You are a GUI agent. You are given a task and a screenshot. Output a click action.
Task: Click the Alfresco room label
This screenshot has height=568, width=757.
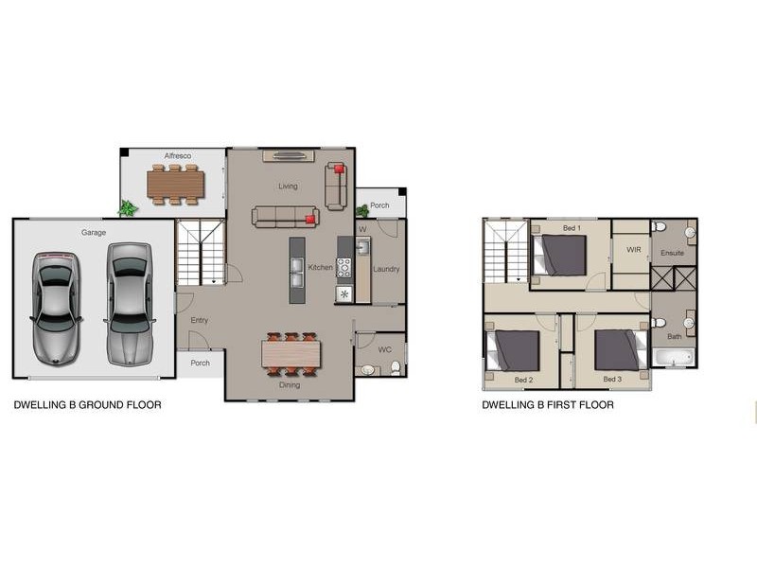tap(178, 155)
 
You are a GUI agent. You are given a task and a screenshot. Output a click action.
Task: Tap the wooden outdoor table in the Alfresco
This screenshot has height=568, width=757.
tap(176, 185)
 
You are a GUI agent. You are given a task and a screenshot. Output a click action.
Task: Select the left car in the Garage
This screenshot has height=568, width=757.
tap(56, 309)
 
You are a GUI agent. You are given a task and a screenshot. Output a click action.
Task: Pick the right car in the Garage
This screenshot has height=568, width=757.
tap(130, 304)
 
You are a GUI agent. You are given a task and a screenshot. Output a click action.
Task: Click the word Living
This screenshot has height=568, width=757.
tap(288, 186)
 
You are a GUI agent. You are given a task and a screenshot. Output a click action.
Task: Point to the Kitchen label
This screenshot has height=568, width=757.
tap(320, 267)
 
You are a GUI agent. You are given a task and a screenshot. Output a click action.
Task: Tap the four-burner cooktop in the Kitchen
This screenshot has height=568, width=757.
tap(343, 268)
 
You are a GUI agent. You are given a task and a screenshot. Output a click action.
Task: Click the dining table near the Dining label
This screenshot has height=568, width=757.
tap(291, 354)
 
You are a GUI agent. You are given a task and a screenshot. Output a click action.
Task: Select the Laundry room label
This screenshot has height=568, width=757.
tap(386, 269)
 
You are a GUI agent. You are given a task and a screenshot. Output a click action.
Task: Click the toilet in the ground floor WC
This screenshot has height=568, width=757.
tap(396, 368)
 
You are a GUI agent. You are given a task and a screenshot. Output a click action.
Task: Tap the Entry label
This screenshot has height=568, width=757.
tap(199, 320)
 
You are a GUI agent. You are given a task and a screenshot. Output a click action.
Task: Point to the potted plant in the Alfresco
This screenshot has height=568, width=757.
tap(128, 208)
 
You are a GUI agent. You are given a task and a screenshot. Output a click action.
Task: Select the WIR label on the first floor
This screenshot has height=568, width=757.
tap(633, 250)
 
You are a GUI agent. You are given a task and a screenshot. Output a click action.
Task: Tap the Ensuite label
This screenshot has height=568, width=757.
tap(672, 253)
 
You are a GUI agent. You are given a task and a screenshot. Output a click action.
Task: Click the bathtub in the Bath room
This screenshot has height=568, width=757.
tap(673, 358)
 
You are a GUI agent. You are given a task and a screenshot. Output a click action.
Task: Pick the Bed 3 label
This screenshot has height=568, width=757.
tap(612, 380)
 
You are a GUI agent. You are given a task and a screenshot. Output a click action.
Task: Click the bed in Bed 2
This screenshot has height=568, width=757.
tap(512, 351)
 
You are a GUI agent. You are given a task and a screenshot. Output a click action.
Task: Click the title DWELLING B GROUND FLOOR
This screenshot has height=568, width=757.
tap(87, 405)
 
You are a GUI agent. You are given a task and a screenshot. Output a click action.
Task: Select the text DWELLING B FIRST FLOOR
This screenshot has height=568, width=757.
tap(548, 405)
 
